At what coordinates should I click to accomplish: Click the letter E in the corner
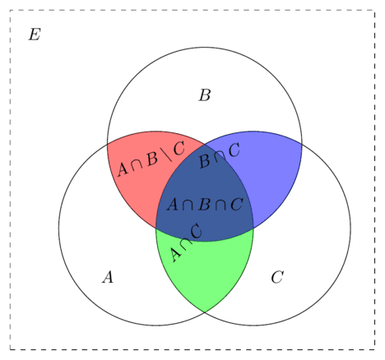pyautogui.click(x=35, y=35)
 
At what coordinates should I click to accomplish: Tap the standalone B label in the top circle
pyautogui.click(x=205, y=95)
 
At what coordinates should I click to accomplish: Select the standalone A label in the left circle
pyautogui.click(x=108, y=277)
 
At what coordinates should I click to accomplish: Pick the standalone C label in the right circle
pyautogui.click(x=277, y=277)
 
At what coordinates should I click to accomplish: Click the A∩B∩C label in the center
pyautogui.click(x=205, y=205)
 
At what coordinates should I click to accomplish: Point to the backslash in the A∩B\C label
pyautogui.click(x=168, y=154)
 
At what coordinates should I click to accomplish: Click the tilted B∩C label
pyautogui.click(x=220, y=155)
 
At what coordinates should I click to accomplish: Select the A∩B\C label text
pyautogui.click(x=151, y=159)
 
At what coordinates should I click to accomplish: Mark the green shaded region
pyautogui.click(x=205, y=271)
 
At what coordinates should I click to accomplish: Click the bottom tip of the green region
pyautogui.click(x=205, y=312)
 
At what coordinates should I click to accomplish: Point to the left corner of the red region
pyautogui.click(x=107, y=143)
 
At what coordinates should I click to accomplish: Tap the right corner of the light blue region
pyautogui.click(x=302, y=143)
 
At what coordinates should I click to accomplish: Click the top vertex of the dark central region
pyautogui.click(x=205, y=144)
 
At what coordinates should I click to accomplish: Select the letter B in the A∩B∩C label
pyautogui.click(x=205, y=205)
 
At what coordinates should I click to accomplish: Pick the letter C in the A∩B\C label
pyautogui.click(x=179, y=148)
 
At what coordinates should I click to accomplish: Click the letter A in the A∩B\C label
pyautogui.click(x=123, y=169)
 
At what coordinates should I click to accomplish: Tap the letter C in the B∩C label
pyautogui.click(x=234, y=150)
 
